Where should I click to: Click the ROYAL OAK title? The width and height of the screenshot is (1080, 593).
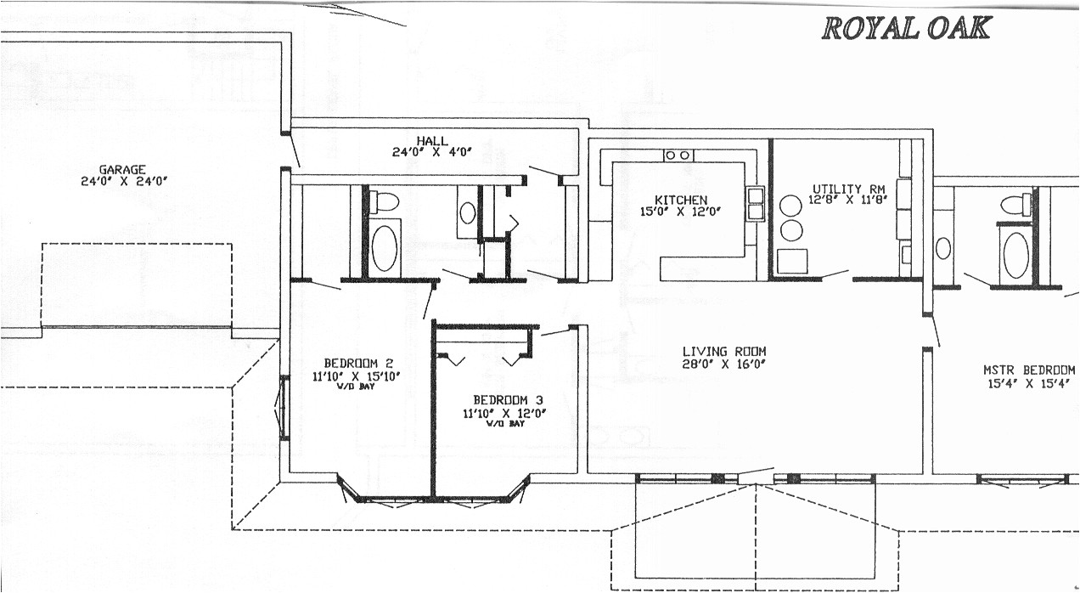click(906, 28)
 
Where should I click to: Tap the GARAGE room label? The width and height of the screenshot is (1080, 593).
click(122, 169)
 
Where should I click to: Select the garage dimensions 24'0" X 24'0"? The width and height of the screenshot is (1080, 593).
click(122, 181)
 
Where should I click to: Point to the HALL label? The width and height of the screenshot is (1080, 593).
click(432, 141)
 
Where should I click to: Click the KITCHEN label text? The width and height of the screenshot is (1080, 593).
click(681, 200)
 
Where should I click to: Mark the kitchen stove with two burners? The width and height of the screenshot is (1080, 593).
click(678, 155)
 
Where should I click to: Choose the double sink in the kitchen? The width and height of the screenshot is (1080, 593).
click(755, 205)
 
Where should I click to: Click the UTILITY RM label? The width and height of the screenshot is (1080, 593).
click(849, 189)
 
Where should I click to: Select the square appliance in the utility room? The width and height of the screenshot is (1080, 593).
click(790, 261)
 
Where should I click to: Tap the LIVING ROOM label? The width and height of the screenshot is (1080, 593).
click(724, 351)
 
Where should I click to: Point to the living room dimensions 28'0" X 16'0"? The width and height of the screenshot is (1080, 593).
click(724, 364)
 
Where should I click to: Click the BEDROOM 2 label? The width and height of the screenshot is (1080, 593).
click(346, 363)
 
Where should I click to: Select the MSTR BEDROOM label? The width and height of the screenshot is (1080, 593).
click(1029, 370)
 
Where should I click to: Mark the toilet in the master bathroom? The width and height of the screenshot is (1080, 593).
click(1015, 204)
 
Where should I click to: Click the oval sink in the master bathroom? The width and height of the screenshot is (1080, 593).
click(944, 248)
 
